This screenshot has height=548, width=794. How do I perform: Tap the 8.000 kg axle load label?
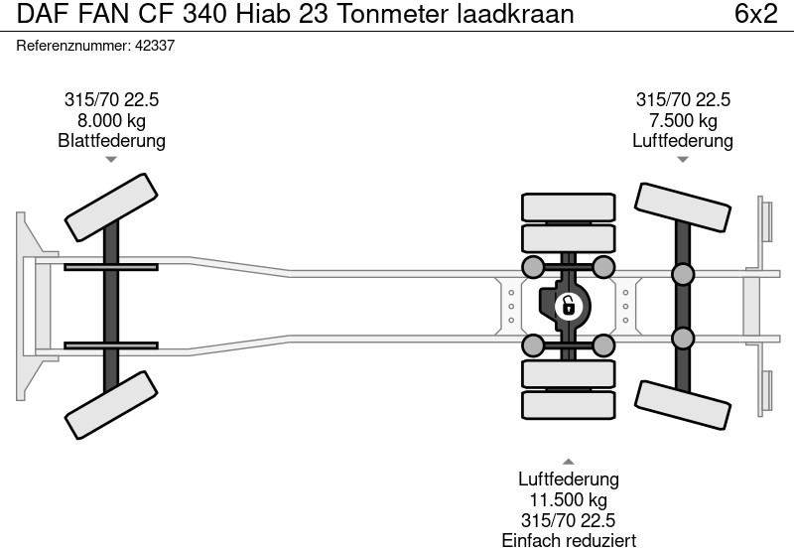(x=111, y=120)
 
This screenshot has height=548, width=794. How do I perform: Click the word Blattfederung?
(x=111, y=141)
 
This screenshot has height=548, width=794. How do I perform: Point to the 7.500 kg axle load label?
(x=682, y=120)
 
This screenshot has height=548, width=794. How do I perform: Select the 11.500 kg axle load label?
(x=568, y=500)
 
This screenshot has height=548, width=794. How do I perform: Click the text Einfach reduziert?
(x=568, y=540)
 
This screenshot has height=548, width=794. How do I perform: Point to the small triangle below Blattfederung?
(x=111, y=160)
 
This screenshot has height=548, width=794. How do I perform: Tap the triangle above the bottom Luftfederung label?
(x=568, y=462)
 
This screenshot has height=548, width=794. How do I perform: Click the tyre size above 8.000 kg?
(x=111, y=99)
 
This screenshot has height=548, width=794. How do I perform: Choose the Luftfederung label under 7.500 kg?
(x=682, y=141)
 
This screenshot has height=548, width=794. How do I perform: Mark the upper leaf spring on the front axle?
(x=111, y=267)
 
